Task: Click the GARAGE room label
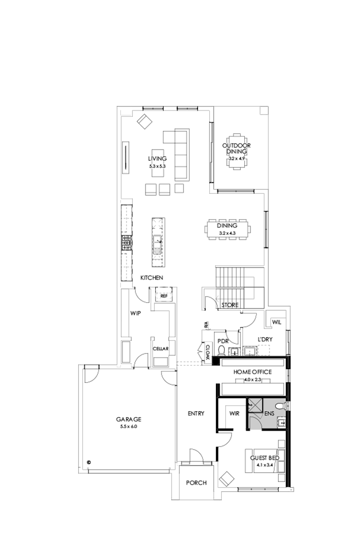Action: pos(129,419)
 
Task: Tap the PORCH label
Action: pos(196,483)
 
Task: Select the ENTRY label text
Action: pos(196,413)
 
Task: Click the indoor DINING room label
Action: pos(227,226)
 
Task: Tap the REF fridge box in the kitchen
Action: pos(164,297)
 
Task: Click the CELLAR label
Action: pos(160,349)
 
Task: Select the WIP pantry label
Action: pos(135,312)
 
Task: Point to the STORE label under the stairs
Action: pos(230,305)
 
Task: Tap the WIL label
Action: pos(277,322)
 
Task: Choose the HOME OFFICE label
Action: pos(253,372)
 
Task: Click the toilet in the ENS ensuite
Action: pos(279,407)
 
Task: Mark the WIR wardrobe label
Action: pos(235,413)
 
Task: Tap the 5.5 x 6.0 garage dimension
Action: pos(129,426)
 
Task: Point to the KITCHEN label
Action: pos(152,277)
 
